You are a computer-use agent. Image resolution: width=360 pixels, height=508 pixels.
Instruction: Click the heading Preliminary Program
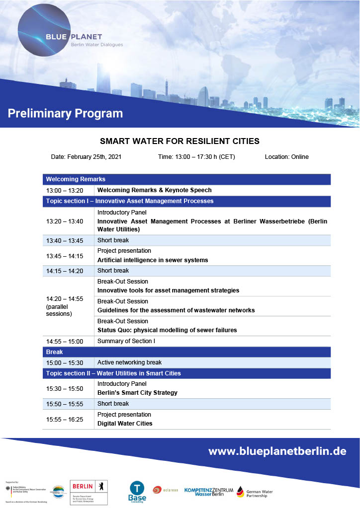[65, 113]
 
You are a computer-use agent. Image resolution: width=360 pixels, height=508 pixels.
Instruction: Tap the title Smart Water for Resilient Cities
[180, 141]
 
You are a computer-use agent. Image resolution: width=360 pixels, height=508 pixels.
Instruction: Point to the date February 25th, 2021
[86, 157]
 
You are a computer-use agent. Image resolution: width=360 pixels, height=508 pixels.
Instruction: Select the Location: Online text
[286, 157]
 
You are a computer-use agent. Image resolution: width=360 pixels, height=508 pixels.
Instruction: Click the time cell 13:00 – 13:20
[65, 190]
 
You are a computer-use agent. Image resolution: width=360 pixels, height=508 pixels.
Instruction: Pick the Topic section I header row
[186, 201]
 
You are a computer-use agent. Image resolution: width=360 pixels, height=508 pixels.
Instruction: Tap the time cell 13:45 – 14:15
[65, 256]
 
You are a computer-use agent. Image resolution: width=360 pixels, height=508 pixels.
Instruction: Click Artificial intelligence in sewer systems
[153, 260]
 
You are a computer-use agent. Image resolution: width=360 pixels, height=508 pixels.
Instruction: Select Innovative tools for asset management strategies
[168, 290]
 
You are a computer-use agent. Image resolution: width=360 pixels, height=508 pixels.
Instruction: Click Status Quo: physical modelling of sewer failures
[167, 330]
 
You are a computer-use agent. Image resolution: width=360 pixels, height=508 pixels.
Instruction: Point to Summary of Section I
[126, 341]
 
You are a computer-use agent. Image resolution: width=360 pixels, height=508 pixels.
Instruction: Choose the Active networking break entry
[130, 363]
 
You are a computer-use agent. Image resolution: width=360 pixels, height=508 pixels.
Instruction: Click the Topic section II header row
[186, 373]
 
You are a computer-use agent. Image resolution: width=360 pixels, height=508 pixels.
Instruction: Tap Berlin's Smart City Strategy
[137, 393]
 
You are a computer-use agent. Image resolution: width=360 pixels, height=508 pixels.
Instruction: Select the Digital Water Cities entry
[125, 424]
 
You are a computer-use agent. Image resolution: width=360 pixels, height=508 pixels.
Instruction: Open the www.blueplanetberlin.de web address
[277, 451]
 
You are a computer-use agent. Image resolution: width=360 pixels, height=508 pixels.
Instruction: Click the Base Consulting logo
[137, 490]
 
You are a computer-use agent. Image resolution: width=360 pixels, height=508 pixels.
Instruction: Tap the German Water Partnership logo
[255, 492]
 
